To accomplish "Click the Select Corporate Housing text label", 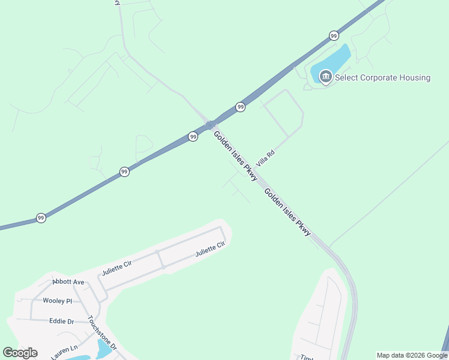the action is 382,77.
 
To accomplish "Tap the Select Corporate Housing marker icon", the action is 326,77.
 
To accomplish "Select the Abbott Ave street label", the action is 68,281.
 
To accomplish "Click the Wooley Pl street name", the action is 57,301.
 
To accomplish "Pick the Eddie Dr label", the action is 61,321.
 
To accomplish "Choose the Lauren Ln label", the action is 65,351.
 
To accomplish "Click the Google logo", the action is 20,353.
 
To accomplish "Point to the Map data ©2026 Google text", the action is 412,355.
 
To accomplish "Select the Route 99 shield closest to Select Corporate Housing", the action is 333,36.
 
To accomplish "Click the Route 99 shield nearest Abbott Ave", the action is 41,217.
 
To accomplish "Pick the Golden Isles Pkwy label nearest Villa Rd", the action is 236,155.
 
